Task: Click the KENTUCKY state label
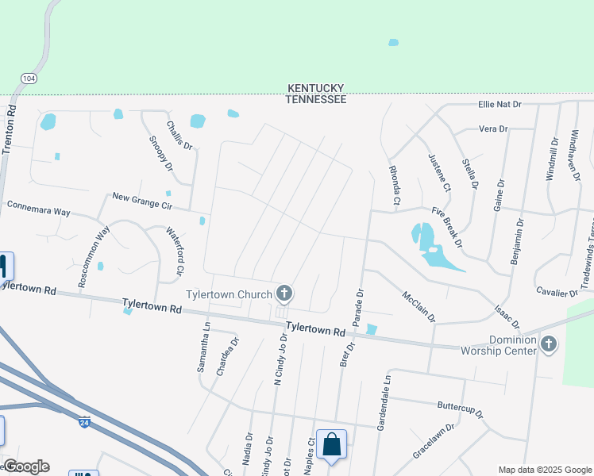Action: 316,88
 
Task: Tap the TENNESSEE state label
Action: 316,99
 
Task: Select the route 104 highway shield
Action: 29,79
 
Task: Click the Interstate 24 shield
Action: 84,422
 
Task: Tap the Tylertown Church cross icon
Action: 283,294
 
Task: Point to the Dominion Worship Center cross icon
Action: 548,344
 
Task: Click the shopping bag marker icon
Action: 332,444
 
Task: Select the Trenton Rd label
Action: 11,128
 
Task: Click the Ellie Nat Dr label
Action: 499,104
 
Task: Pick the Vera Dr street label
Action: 493,129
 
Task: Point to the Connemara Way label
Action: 39,209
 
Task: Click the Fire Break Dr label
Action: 447,225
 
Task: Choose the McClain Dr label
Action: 418,306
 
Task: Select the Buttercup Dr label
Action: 461,409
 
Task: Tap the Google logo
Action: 26,466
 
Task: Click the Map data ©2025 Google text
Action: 544,470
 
